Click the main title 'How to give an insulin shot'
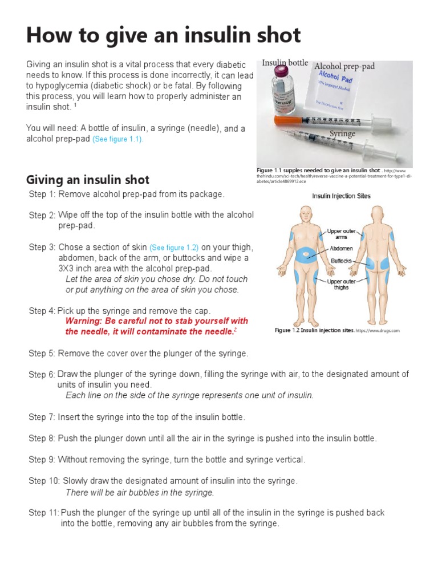[x=163, y=35]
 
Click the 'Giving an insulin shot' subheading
[x=88, y=180]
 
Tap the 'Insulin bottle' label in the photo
[x=285, y=63]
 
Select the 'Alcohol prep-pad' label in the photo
[x=344, y=66]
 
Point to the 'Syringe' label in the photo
[x=342, y=133]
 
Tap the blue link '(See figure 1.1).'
[x=118, y=140]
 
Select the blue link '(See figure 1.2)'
[x=173, y=248]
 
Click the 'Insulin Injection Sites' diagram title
[x=341, y=196]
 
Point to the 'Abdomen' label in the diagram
[x=340, y=249]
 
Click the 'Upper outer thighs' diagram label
[x=341, y=285]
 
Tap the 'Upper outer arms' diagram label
[x=341, y=234]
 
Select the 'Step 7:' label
[x=42, y=417]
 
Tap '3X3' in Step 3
[x=67, y=268]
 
